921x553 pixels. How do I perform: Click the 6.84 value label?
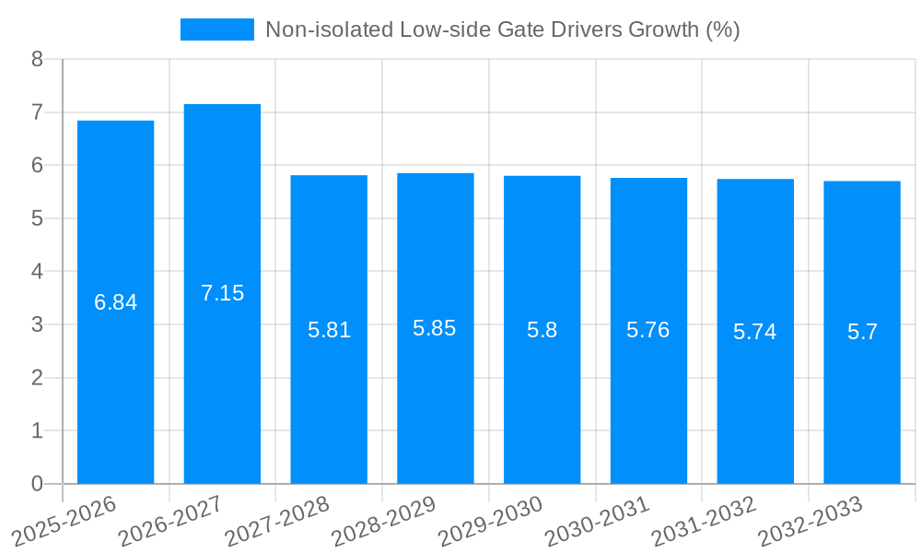pos(115,302)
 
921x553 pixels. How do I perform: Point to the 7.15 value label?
pos(222,293)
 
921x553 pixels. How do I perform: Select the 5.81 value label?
pos(329,330)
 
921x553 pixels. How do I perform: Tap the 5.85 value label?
pos(435,328)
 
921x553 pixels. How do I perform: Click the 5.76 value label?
pos(647,330)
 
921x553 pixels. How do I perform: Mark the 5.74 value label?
pos(754,332)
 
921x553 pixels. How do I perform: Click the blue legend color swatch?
pos(216,29)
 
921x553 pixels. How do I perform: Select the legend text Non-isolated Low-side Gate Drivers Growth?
pos(502,29)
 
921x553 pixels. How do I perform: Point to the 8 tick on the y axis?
pos(37,59)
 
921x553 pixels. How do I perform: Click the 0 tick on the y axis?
pos(37,484)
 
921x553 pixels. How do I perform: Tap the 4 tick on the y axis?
pos(37,272)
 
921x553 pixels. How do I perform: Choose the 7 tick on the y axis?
pos(37,112)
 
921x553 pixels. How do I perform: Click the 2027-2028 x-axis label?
pos(275,521)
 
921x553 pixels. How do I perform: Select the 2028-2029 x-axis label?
pos(382,521)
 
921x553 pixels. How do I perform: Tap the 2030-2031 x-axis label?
pos(596,521)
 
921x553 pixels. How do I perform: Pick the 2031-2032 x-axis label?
pos(703,521)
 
